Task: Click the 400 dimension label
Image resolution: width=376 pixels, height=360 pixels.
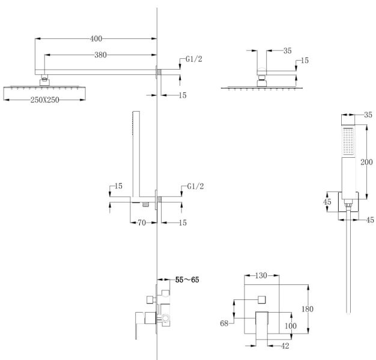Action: point(96,39)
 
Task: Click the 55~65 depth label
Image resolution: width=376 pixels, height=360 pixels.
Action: point(189,280)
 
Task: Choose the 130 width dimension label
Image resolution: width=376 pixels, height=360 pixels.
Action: point(261,276)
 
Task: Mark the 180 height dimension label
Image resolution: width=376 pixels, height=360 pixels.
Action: point(308,308)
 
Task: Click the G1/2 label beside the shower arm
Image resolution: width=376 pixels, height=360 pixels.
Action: point(193,59)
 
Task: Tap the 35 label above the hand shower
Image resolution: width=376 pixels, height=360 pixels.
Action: point(368,114)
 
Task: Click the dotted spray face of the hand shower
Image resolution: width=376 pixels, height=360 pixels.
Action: point(349,143)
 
